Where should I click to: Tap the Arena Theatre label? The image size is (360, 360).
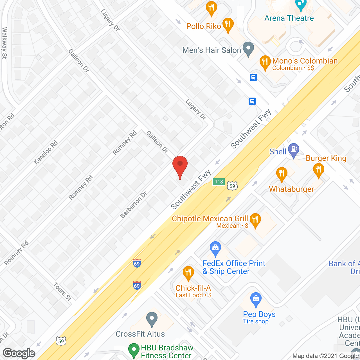289,18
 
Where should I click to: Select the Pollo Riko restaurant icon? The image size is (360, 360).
228,25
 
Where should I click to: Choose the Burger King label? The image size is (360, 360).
326,158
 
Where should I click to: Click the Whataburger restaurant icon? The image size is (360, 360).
282,174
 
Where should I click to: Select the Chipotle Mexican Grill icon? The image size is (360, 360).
255,220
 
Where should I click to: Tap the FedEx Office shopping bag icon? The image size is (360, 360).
215,248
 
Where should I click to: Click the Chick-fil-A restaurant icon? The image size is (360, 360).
188,273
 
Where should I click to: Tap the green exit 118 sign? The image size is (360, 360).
219,182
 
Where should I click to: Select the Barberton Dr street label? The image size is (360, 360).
134,205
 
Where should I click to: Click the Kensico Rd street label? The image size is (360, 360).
46,152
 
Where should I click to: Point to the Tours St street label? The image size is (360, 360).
62,291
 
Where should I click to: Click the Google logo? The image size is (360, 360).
19,353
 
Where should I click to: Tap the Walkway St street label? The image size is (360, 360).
4,43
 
